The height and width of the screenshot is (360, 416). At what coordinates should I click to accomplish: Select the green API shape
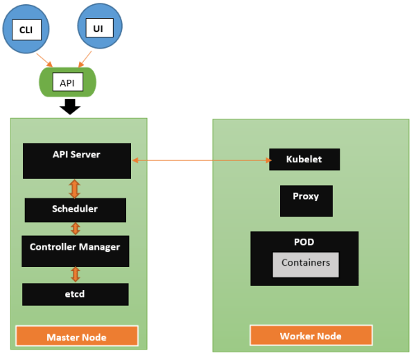(67, 83)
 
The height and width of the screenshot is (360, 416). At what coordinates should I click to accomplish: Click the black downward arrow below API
(69, 106)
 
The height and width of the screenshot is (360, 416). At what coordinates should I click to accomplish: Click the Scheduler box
(75, 209)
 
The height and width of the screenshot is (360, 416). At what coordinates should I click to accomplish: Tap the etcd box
(75, 294)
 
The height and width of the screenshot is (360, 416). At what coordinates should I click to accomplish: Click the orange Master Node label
(76, 336)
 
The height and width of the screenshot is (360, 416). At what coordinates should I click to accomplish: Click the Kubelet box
(304, 160)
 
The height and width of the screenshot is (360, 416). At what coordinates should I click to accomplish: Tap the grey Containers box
(306, 264)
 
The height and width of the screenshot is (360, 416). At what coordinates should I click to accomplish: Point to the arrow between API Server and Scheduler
(76, 188)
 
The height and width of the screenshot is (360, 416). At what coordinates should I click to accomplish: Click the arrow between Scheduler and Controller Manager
(76, 228)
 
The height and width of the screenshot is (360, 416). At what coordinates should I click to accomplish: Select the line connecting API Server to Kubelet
(200, 161)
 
